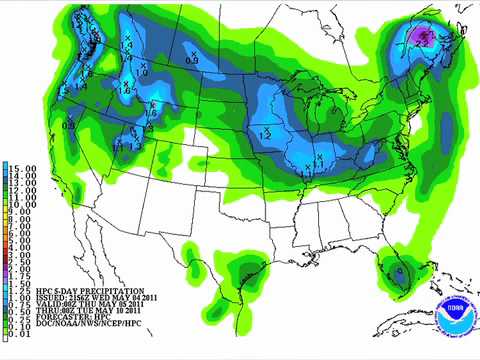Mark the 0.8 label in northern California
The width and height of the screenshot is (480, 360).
click(x=69, y=125)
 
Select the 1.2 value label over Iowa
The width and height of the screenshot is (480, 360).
click(x=266, y=132)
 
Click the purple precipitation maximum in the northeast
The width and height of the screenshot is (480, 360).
click(x=423, y=37)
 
